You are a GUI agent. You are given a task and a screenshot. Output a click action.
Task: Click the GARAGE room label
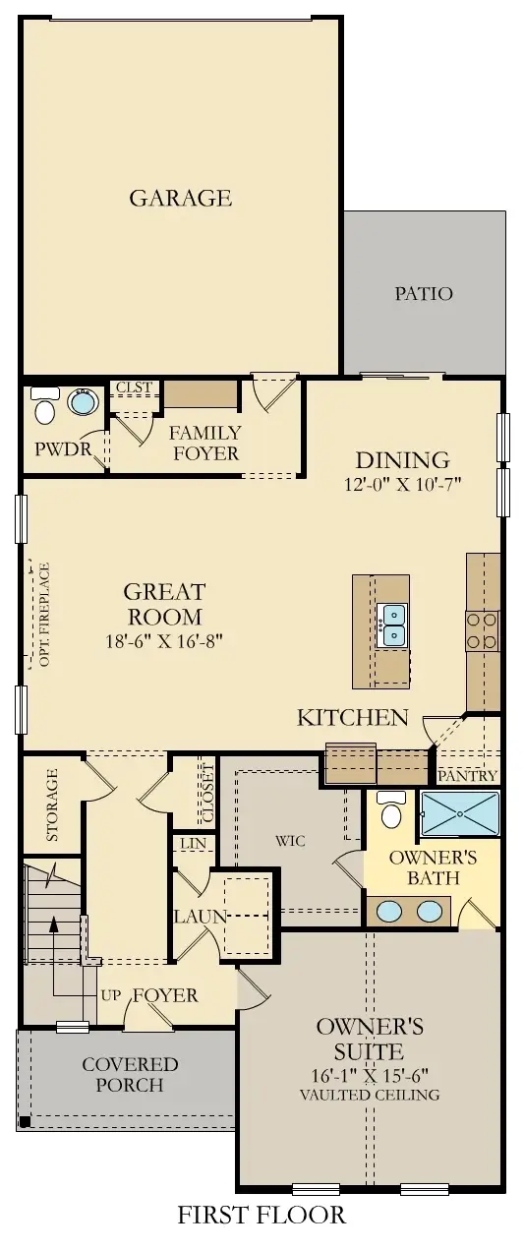click(181, 198)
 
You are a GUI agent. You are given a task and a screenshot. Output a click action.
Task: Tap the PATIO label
click(424, 293)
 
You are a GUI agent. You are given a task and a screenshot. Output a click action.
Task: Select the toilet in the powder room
click(44, 405)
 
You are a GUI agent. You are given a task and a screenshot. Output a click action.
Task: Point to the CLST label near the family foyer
click(134, 387)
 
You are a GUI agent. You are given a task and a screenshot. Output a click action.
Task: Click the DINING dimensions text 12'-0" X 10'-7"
click(402, 483)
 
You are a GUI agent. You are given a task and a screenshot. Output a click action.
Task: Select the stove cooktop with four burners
click(483, 630)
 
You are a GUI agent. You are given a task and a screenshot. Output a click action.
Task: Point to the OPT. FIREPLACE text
click(43, 614)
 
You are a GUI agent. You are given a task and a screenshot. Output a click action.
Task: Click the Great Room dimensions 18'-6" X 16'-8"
click(164, 642)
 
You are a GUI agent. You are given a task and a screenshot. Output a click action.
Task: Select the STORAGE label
click(52, 805)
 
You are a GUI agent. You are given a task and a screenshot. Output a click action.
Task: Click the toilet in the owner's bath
click(391, 810)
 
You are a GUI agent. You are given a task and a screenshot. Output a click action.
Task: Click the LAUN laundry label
click(201, 917)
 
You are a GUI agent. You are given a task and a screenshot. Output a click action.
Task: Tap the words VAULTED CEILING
click(370, 1095)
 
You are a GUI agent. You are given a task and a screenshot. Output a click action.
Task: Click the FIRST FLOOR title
click(262, 1216)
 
